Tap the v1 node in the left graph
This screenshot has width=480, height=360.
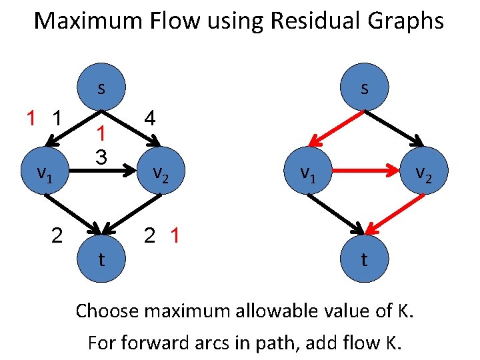(44, 174)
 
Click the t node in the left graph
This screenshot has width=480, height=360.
(101, 259)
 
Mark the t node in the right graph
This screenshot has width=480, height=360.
(364, 259)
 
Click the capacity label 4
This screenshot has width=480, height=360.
(150, 119)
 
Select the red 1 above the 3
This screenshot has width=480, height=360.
(101, 134)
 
